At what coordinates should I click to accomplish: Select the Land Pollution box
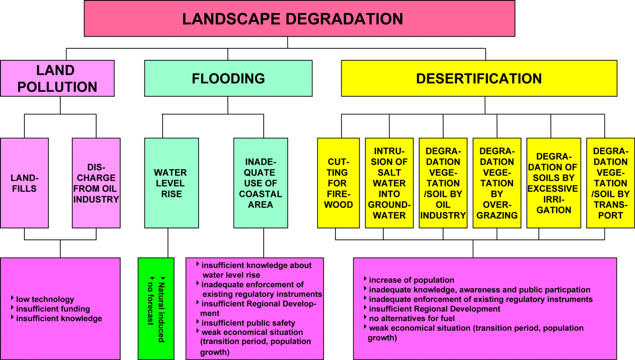(x=57, y=79)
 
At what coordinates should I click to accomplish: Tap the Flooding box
(x=228, y=79)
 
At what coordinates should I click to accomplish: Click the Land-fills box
(x=24, y=183)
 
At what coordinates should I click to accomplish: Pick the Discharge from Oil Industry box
(x=96, y=183)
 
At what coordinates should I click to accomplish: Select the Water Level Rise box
(x=171, y=183)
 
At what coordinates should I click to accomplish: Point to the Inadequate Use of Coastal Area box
(x=261, y=183)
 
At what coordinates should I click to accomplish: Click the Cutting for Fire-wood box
(x=338, y=183)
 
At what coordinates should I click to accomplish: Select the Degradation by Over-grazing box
(x=497, y=183)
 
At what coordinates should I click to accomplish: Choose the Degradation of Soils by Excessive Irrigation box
(x=554, y=183)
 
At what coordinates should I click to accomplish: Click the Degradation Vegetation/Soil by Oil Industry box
(x=443, y=183)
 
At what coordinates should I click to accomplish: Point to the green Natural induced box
(x=156, y=309)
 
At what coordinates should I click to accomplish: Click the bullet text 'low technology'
(x=45, y=300)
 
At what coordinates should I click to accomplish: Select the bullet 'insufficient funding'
(x=53, y=309)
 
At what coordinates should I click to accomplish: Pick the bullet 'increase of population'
(x=412, y=280)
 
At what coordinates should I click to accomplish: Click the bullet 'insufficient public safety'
(x=248, y=323)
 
